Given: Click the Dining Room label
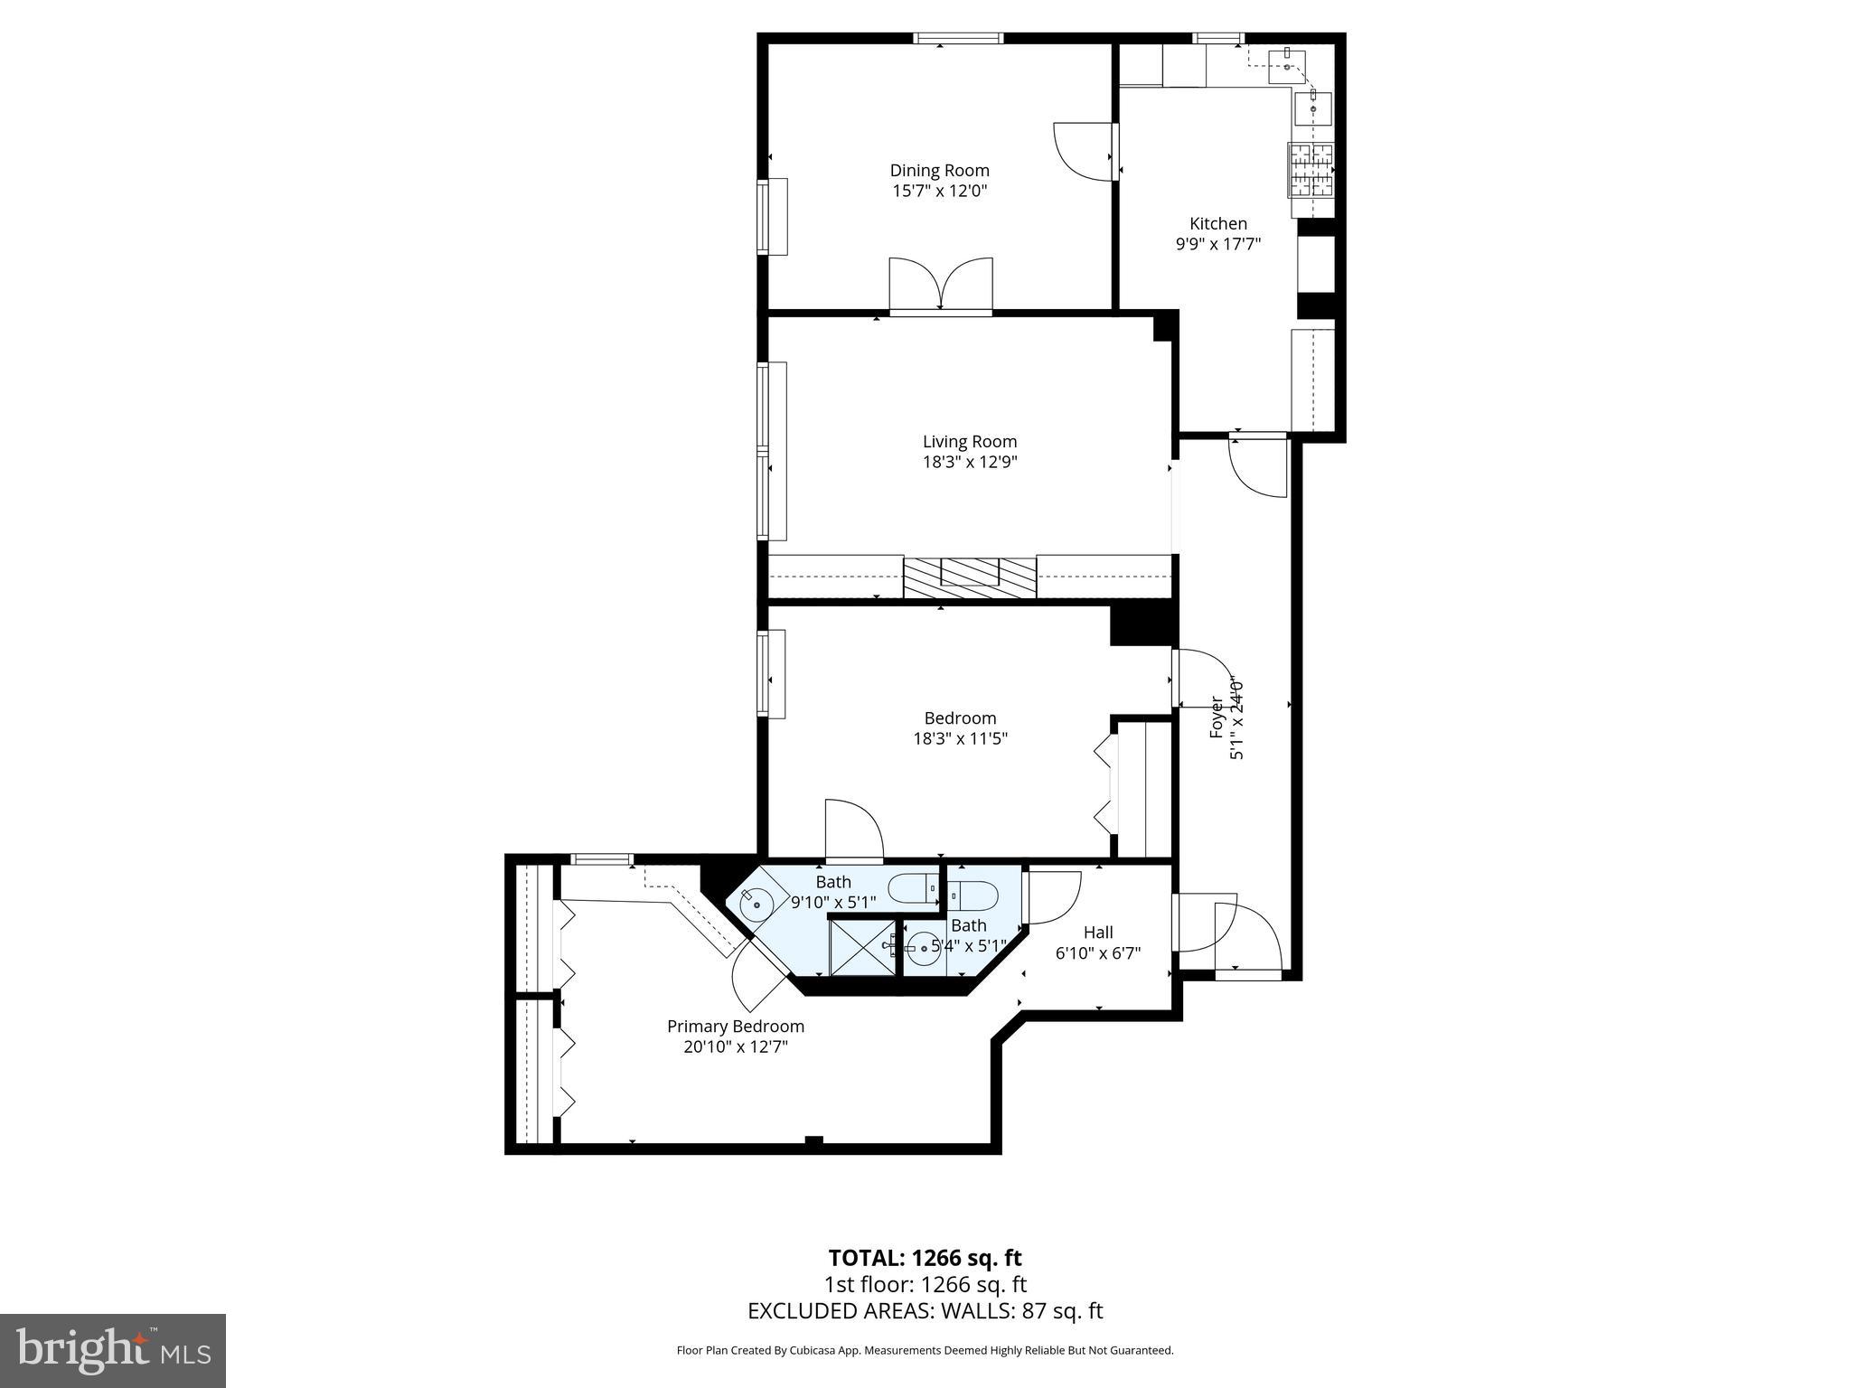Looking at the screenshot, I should point(939,171).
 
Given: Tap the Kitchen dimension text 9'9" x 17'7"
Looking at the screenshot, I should point(1217,244).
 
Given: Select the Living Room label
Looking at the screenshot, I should point(969,442).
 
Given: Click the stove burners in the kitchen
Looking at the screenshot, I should point(1311,170).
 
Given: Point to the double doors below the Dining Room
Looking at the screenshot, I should point(941,285).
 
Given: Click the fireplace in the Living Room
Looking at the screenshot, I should point(969,577).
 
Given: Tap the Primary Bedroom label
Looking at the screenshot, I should point(735,1027).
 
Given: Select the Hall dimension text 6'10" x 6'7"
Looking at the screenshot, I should point(1097,953).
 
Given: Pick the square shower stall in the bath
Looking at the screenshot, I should point(862,947).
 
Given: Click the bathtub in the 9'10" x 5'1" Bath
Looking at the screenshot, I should point(913,889).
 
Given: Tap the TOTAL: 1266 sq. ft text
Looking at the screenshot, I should point(925,1258).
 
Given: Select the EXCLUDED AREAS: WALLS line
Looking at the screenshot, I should point(925,1311).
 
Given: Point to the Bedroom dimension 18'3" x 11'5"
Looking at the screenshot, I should point(960,739).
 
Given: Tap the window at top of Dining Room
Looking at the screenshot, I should point(958,38).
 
